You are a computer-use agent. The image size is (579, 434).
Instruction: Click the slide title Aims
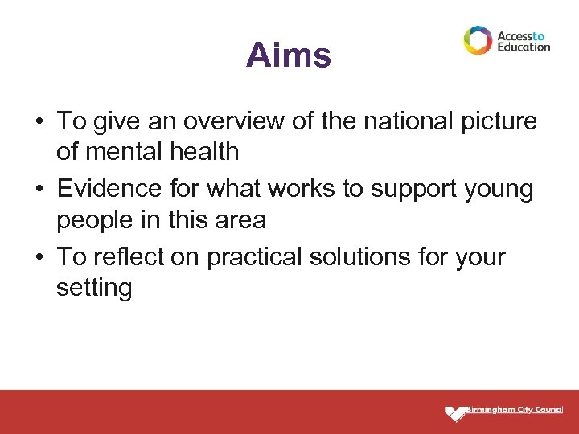tap(288, 55)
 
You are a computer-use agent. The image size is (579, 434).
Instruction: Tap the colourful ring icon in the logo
tap(478, 40)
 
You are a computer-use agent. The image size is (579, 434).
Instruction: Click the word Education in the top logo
tap(524, 47)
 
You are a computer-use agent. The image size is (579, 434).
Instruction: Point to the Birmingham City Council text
tap(515, 410)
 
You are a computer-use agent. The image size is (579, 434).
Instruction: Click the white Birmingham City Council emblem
tap(455, 413)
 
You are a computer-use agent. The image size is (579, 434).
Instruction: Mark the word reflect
tap(122, 258)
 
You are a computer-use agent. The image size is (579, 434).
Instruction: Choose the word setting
tap(94, 288)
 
